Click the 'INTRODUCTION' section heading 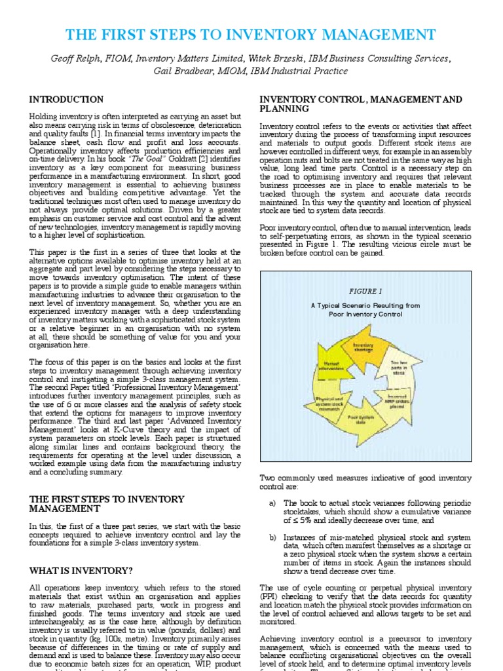[x=66, y=100]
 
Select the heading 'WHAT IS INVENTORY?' [x=81, y=571]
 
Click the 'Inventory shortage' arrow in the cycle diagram [x=363, y=347]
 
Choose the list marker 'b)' [x=272, y=537]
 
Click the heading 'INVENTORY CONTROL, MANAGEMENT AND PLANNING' [x=361, y=104]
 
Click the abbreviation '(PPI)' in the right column [x=270, y=595]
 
